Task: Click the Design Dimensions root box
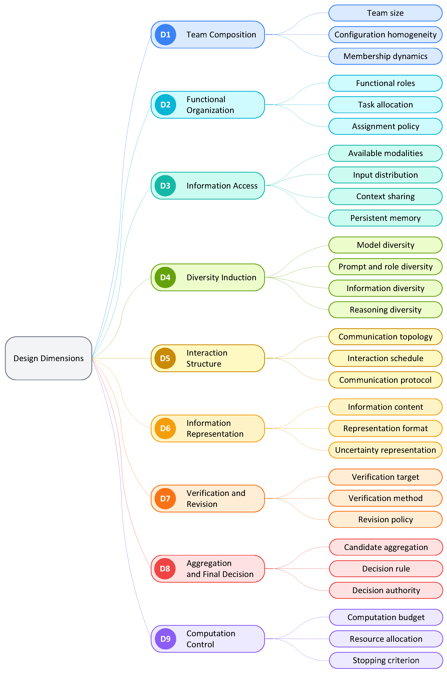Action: [48, 358]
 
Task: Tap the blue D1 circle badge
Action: [165, 34]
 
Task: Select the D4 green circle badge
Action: [165, 277]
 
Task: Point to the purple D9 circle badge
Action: [165, 639]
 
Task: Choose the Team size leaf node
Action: [385, 13]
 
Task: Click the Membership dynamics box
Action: [385, 56]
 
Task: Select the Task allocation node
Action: [385, 104]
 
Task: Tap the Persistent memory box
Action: [385, 218]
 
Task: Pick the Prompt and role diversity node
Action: [385, 266]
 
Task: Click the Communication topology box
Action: [385, 337]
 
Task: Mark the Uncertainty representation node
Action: [385, 450]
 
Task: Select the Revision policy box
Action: [385, 519]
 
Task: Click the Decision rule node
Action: [386, 569]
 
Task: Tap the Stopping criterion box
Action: [386, 660]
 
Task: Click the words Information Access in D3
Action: [222, 186]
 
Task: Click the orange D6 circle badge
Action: [165, 428]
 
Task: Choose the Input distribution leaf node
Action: [385, 175]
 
